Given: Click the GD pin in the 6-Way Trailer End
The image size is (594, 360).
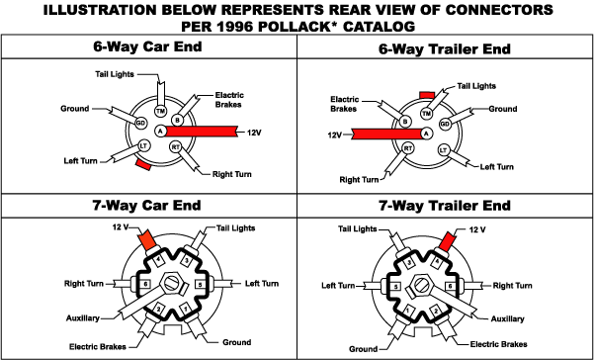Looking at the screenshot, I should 445,125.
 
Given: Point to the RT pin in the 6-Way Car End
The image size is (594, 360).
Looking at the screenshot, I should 175,146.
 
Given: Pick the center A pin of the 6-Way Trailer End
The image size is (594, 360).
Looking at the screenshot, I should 426,133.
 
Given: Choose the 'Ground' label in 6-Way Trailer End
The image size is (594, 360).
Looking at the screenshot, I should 503,109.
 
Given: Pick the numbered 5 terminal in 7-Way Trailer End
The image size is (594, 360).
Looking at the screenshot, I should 396,285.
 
